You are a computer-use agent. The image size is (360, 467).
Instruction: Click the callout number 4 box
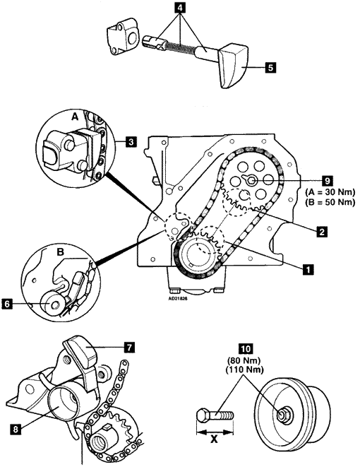click(x=180, y=8)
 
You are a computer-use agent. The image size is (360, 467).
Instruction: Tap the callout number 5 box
click(x=270, y=67)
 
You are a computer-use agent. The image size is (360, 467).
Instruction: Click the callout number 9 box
click(x=327, y=180)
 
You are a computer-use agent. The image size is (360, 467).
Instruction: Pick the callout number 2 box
click(x=321, y=231)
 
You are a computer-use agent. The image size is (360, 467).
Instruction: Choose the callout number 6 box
click(x=7, y=305)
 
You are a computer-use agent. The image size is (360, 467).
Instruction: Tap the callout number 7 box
click(x=129, y=348)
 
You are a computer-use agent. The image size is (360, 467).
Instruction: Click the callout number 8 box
click(x=16, y=429)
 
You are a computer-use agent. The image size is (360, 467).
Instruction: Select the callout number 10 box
click(x=245, y=348)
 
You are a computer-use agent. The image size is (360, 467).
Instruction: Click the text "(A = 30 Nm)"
click(x=330, y=192)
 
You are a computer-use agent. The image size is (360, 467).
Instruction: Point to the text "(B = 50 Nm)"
click(x=330, y=202)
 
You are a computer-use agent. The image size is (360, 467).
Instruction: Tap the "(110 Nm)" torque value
click(x=245, y=370)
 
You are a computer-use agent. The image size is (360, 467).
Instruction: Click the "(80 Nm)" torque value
click(x=245, y=361)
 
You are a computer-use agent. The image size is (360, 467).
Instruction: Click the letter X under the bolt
click(x=214, y=439)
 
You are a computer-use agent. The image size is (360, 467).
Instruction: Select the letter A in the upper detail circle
click(x=75, y=117)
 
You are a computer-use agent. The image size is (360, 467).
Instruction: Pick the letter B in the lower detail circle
click(x=60, y=252)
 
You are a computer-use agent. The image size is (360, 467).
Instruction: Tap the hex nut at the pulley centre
click(x=281, y=414)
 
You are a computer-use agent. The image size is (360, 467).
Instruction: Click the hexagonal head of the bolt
click(x=203, y=415)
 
